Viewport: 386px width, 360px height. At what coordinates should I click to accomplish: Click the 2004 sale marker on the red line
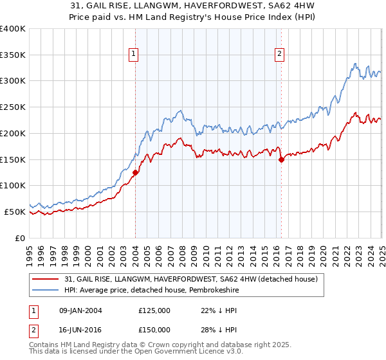pos(136,172)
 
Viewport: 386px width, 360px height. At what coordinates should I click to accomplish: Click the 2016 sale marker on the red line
pos(281,160)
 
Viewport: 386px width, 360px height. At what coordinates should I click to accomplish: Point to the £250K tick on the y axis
pos(13,107)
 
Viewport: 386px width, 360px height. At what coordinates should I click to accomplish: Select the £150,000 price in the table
pos(154,329)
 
